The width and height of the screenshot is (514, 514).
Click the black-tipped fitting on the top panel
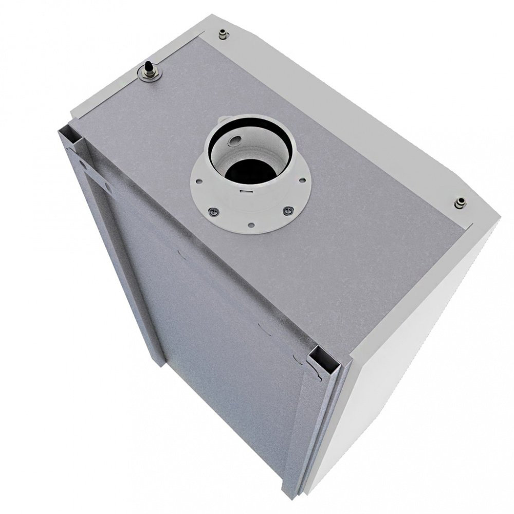[x=148, y=66]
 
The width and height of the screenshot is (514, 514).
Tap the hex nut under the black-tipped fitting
[x=150, y=75]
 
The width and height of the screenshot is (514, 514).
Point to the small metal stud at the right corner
[x=460, y=203]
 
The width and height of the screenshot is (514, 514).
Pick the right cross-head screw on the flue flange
[x=289, y=210]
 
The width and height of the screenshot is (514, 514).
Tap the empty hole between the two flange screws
[x=250, y=224]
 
